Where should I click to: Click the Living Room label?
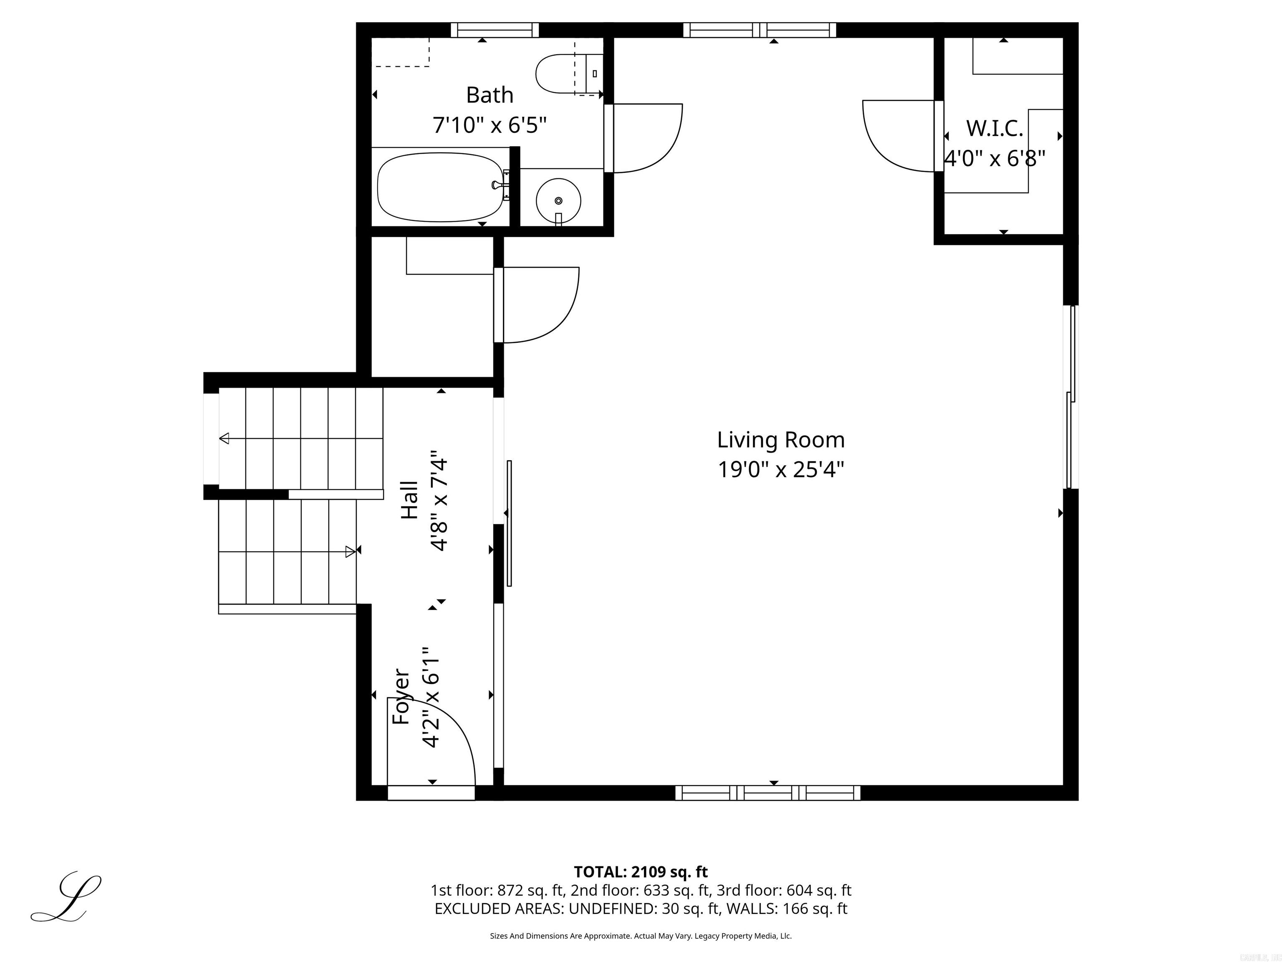tap(781, 440)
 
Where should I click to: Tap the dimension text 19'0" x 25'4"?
tap(781, 469)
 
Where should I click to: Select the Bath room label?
tap(490, 95)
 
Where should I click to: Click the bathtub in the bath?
tap(440, 187)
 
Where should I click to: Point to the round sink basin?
tap(558, 200)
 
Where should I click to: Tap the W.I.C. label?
tap(994, 128)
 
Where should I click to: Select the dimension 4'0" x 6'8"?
tap(994, 158)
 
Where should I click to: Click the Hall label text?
tap(410, 500)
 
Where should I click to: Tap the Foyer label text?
tap(401, 696)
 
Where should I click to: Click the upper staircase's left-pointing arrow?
tap(224, 438)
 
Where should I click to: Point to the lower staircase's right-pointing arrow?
tap(350, 552)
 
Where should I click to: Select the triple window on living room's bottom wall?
tap(767, 792)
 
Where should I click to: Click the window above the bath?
tap(495, 30)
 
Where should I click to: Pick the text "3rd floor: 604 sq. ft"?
tap(784, 890)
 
